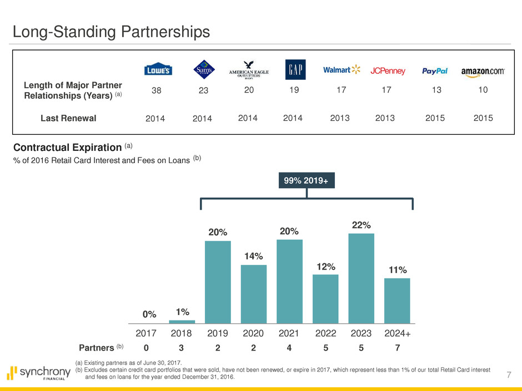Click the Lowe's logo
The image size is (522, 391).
(158, 70)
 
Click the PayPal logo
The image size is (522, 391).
(435, 71)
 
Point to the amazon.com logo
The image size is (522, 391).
(482, 71)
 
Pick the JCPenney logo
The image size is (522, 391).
(388, 71)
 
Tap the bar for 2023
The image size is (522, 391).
(361, 278)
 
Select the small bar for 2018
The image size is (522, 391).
(182, 322)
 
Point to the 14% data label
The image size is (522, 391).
(253, 256)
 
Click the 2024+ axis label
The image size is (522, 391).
(396, 334)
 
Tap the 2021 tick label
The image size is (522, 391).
(289, 334)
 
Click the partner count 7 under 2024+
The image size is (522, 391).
(396, 348)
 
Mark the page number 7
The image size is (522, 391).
(509, 376)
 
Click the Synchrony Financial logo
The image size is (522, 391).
(39, 373)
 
